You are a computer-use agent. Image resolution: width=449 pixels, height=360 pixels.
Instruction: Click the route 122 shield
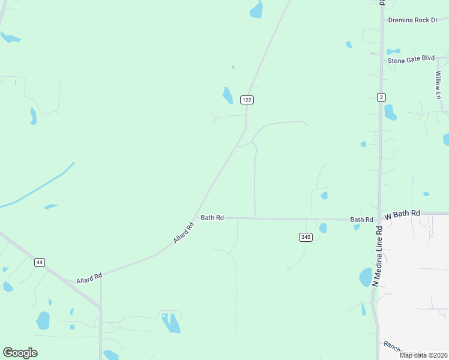246,100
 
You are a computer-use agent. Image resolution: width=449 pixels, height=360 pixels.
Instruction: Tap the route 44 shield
40,262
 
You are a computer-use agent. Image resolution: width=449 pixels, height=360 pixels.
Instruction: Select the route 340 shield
306,237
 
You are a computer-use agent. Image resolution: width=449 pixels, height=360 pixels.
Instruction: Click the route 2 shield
381,97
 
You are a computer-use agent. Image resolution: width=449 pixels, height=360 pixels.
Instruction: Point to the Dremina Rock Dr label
413,20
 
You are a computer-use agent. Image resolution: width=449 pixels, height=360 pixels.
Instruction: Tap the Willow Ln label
438,81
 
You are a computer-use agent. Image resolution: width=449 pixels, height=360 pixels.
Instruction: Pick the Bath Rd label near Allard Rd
212,218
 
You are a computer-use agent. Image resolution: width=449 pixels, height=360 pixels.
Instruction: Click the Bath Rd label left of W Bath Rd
361,220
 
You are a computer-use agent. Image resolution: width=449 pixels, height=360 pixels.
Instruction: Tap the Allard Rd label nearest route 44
89,278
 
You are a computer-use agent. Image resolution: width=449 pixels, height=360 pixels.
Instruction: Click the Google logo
20,353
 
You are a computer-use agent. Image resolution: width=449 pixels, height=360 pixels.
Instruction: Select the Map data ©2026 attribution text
423,355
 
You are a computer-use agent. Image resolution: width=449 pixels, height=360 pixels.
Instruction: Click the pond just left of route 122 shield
228,95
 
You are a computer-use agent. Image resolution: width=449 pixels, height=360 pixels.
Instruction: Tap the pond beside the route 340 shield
323,228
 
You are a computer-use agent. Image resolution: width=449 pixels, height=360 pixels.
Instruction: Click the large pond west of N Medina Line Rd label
365,277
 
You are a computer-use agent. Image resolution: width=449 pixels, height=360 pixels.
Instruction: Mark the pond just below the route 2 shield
390,112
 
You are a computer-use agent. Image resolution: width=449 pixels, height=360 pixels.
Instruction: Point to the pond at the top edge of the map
256,9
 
